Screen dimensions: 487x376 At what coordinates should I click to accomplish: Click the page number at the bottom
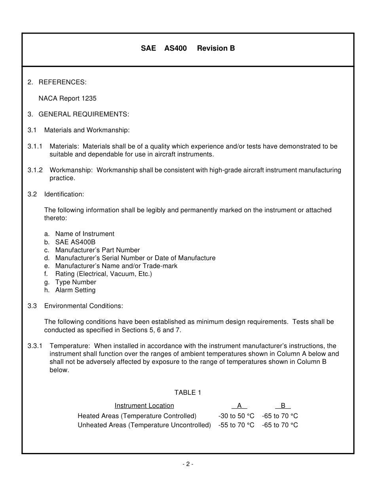tap(188, 464)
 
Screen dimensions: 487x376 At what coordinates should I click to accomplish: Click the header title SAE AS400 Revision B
tap(188, 48)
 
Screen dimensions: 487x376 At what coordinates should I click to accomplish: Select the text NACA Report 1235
tap(67, 98)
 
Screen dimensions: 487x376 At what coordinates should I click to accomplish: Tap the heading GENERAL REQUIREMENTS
tap(84, 114)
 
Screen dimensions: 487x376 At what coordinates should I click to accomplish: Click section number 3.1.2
tap(35, 170)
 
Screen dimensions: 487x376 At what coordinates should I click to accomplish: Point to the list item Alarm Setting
tap(75, 290)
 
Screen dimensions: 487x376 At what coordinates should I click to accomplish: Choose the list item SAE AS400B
tap(75, 242)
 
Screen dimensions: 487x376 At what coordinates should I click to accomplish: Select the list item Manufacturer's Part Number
tap(97, 250)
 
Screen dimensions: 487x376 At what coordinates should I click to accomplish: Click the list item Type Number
tap(76, 282)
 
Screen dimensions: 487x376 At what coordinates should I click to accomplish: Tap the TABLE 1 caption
tap(188, 392)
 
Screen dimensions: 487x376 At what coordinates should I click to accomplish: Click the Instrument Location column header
tap(144, 405)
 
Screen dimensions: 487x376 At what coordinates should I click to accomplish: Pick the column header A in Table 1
tap(239, 405)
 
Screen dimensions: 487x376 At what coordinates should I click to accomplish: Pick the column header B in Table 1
tap(283, 405)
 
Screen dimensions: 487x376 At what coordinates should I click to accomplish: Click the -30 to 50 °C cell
tap(236, 416)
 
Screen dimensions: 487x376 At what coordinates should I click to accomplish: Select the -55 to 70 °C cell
tap(236, 425)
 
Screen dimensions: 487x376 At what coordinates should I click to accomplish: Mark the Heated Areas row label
tap(137, 416)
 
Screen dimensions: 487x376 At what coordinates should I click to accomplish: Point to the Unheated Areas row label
tap(144, 425)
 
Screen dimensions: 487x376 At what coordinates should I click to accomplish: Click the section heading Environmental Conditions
tap(84, 306)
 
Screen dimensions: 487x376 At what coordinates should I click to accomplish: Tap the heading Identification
tap(64, 194)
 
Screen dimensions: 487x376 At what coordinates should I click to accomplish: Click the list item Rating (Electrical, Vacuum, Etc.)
tap(103, 274)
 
